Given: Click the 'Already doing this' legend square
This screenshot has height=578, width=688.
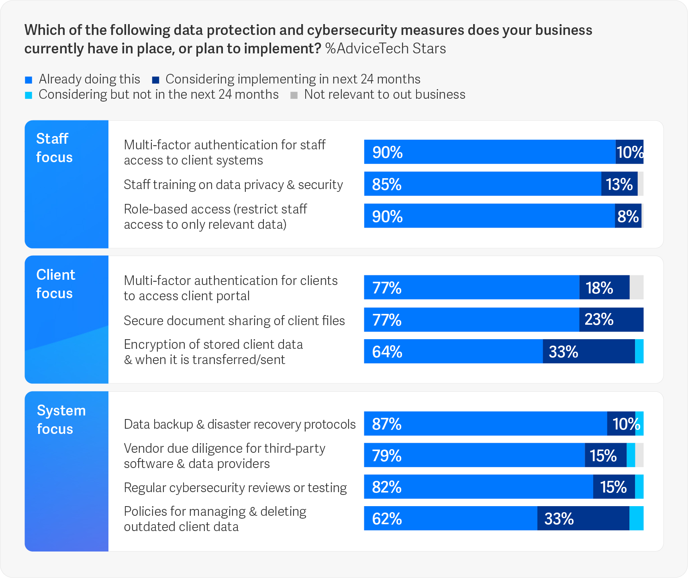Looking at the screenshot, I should [x=29, y=80].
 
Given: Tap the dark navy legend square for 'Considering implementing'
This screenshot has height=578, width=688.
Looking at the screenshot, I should [x=156, y=80].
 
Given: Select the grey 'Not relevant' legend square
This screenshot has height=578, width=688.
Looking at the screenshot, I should [x=294, y=96].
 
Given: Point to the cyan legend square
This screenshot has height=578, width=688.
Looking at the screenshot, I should [x=29, y=96].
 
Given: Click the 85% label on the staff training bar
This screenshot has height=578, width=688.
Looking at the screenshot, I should [x=387, y=184].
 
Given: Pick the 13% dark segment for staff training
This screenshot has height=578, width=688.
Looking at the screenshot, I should [x=619, y=184].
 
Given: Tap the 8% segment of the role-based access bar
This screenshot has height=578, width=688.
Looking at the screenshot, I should [x=628, y=216].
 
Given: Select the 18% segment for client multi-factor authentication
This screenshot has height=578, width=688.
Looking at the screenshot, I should [x=604, y=288].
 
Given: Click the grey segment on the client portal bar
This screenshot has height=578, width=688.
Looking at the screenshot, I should [x=637, y=287].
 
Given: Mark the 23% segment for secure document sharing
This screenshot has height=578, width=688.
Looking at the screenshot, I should [x=611, y=320].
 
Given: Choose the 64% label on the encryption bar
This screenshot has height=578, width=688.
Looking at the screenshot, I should [x=387, y=352].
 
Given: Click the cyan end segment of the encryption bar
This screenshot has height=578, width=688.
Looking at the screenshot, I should [x=639, y=352].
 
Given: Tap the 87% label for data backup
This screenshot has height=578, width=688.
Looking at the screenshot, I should [x=387, y=424].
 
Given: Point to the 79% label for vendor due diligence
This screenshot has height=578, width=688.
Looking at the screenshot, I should [x=387, y=456].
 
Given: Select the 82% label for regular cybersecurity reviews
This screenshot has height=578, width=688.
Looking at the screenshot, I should [x=387, y=487].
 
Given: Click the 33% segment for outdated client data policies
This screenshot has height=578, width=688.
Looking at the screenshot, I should [x=583, y=519].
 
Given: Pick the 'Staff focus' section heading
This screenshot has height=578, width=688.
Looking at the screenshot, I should [x=54, y=148].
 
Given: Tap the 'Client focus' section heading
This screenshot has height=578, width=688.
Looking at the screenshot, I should [x=55, y=284].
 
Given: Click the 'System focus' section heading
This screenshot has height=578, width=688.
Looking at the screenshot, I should [x=61, y=419].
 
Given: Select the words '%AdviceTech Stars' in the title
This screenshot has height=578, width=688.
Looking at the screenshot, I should [x=386, y=49].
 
